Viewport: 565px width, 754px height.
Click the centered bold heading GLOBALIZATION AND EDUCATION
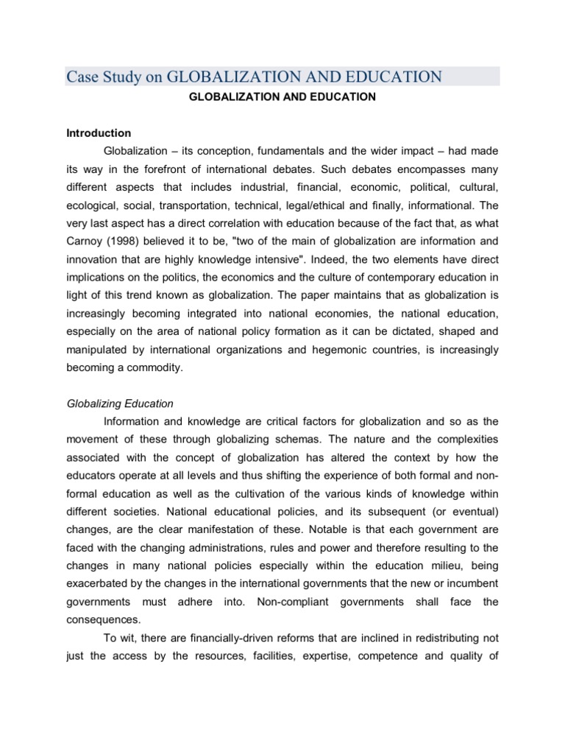click(x=282, y=96)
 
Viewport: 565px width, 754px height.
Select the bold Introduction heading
click(x=99, y=133)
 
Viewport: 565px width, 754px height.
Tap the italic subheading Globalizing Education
click(x=120, y=403)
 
